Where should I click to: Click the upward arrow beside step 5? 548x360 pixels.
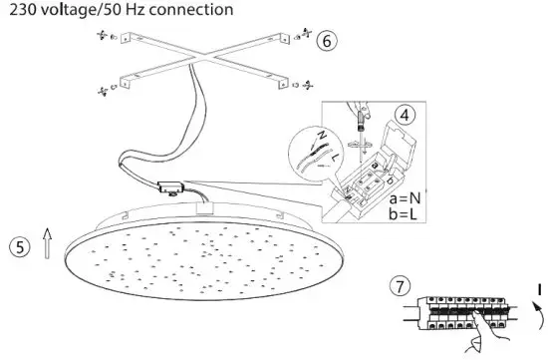[x=47, y=242]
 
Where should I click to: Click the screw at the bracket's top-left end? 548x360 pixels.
[x=102, y=36]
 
